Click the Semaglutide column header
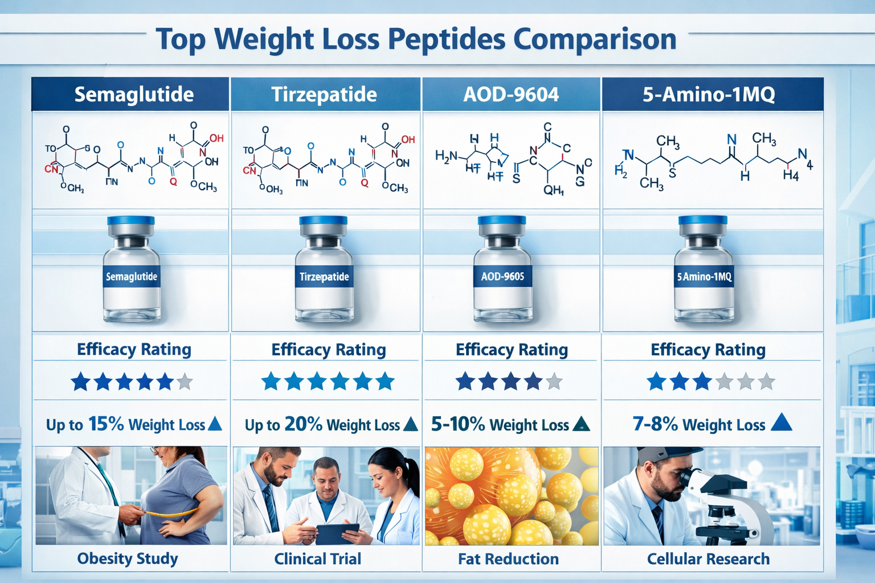[134, 95]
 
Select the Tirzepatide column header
[324, 95]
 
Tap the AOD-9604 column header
[511, 95]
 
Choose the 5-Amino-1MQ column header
[709, 95]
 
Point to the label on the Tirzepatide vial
[324, 277]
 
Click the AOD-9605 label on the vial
[502, 277]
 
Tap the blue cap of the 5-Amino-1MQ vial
[703, 220]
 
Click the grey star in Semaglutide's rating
[185, 381]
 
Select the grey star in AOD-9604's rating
[554, 381]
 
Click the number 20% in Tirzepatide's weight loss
[303, 424]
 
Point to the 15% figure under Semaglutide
[106, 424]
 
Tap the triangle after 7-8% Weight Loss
[781, 422]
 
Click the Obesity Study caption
[128, 559]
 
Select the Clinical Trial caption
[318, 559]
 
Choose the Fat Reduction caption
[508, 559]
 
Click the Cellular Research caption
[708, 559]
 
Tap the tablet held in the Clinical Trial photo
[337, 533]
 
